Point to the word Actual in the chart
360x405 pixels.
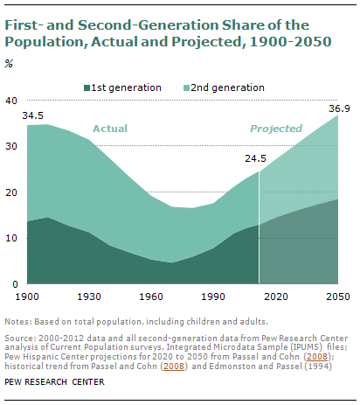click(108, 129)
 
